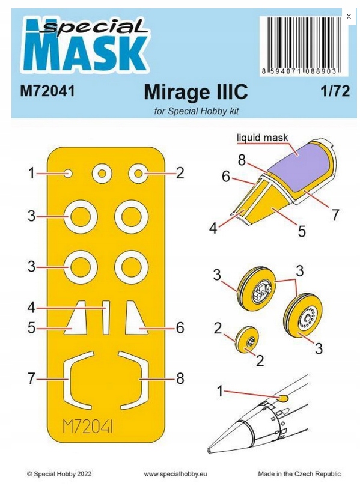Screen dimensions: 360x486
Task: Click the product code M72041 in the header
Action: [47, 91]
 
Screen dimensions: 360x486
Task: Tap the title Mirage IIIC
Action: [196, 92]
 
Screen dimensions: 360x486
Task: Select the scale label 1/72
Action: [335, 91]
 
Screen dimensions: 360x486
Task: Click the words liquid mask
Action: [262, 138]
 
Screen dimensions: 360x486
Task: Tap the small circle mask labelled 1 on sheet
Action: [69, 174]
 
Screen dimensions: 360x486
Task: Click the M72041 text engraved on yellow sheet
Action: [88, 427]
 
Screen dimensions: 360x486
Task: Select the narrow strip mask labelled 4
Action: [106, 317]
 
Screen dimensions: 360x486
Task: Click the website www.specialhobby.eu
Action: [175, 474]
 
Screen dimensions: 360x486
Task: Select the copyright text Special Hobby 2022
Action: [59, 474]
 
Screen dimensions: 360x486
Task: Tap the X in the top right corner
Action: [349, 16]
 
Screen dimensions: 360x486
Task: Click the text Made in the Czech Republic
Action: [299, 474]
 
